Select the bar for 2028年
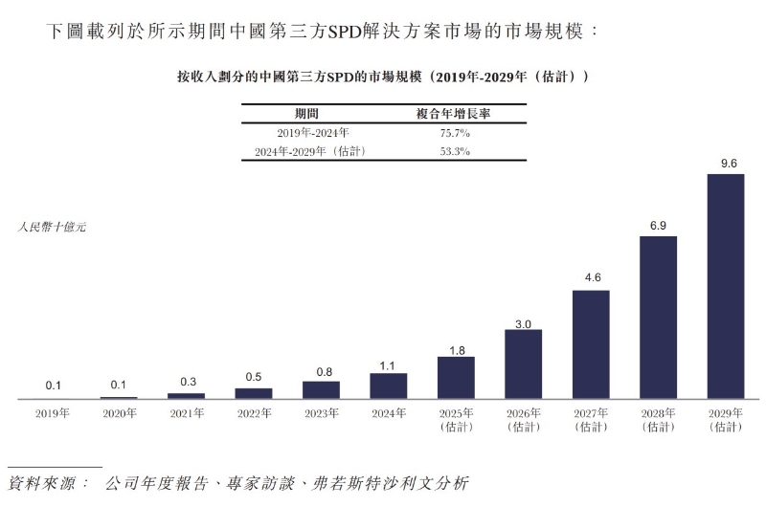pyautogui.click(x=658, y=317)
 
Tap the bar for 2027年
pyautogui.click(x=591, y=343)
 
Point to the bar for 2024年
pyautogui.click(x=388, y=386)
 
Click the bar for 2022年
pyautogui.click(x=254, y=392)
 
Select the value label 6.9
pyautogui.click(x=658, y=226)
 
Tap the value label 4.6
pyautogui.click(x=591, y=279)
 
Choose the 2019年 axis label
pyautogui.click(x=53, y=414)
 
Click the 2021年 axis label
pyautogui.click(x=187, y=414)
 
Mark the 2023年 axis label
pyautogui.click(x=321, y=414)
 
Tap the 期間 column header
pyautogui.click(x=306, y=113)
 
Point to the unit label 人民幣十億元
pyautogui.click(x=52, y=228)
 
